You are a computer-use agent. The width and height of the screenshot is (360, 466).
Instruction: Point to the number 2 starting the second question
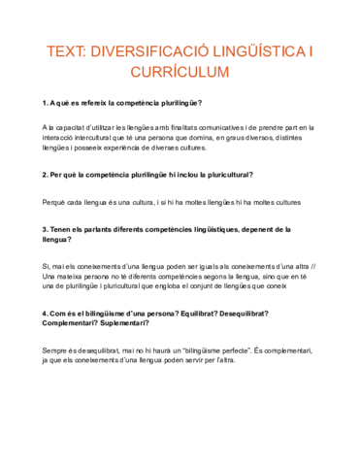pyautogui.click(x=45, y=175)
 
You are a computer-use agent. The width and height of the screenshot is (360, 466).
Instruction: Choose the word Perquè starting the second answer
pyautogui.click(x=55, y=202)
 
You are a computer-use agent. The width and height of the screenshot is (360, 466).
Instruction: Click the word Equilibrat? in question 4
pyautogui.click(x=208, y=314)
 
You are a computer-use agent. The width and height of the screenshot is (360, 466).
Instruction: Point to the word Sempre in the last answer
pyautogui.click(x=55, y=349)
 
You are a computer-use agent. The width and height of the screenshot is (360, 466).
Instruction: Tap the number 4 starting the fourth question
pyautogui.click(x=45, y=314)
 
